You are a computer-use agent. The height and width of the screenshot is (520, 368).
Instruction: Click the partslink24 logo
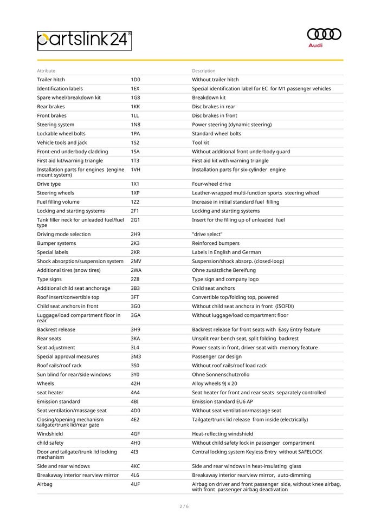coord(85,40)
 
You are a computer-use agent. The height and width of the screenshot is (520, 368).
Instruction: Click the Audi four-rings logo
coord(324,34)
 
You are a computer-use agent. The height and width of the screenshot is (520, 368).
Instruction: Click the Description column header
coord(203,70)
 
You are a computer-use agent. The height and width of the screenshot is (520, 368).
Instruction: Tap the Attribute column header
coord(46,70)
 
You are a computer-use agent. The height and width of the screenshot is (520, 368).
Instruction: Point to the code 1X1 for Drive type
coord(135,184)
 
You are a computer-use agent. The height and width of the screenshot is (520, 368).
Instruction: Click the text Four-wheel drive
coord(211,184)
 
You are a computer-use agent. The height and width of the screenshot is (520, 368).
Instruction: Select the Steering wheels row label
coord(55,193)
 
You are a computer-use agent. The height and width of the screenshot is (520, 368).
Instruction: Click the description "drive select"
coord(206,234)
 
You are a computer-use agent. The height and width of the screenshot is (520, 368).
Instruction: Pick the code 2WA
coord(136,270)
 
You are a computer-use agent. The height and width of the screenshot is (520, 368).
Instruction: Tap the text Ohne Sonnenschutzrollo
coord(221,374)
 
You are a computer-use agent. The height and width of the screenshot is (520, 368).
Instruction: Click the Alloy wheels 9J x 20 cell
coord(215,383)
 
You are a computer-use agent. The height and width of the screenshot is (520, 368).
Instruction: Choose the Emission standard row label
coord(58,401)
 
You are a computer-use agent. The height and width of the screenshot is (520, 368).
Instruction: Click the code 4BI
coord(134,401)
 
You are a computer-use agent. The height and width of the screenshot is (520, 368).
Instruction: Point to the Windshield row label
coord(50,434)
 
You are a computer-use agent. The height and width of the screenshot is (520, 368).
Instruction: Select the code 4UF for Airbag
coord(135,484)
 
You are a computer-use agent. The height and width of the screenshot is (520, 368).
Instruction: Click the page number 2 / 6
coord(184,506)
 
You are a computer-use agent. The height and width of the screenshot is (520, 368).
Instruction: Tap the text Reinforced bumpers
coord(216,243)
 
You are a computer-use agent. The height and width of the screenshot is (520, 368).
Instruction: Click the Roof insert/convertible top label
coord(68,297)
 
